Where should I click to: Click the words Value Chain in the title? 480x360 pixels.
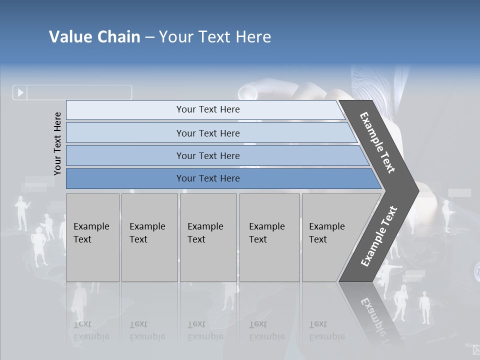pos(94,37)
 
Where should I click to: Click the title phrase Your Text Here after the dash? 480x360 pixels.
pos(215,37)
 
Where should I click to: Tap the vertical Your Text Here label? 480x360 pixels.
pos(57,143)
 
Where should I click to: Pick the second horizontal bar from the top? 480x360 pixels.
pos(207,133)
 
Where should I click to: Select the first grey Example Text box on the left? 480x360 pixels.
pos(92,237)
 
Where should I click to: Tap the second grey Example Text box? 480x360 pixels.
pos(149,237)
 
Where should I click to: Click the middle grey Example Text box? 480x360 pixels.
pos(208,237)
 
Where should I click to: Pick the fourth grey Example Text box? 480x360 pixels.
pos(269,237)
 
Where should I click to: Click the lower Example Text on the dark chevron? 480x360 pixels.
pos(379,236)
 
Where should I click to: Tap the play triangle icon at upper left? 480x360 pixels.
pos(20,92)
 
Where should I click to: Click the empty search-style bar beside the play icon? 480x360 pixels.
pos(79,92)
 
